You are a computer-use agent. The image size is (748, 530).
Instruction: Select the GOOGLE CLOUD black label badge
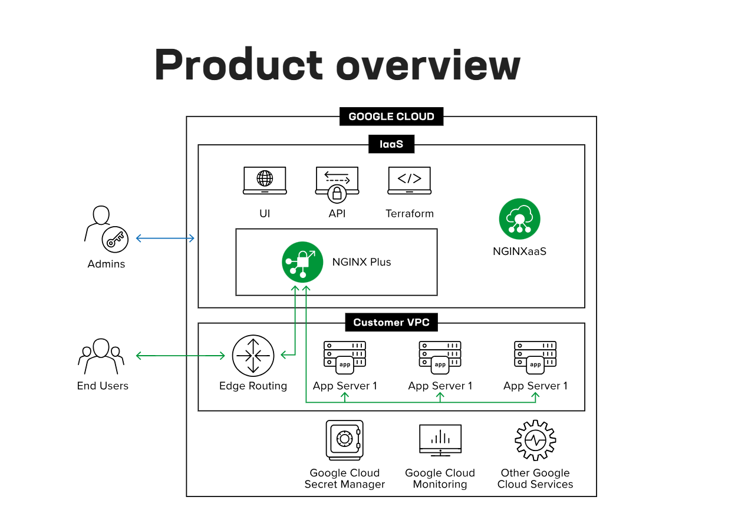pos(391,117)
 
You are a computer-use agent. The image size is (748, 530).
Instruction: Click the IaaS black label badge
pos(391,144)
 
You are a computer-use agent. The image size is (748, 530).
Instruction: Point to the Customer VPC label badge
pos(391,322)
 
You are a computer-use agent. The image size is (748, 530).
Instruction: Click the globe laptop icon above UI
pos(265,180)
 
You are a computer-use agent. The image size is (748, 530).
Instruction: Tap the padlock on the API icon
pos(337,193)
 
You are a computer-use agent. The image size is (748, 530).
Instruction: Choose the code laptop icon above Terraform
pos(409,180)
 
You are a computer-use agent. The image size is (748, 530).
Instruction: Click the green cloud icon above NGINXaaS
pos(519,219)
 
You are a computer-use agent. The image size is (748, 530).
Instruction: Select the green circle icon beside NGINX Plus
pos(302,262)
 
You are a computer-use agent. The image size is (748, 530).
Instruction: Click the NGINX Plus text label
pos(361,262)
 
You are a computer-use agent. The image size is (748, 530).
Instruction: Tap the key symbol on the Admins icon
pos(115,239)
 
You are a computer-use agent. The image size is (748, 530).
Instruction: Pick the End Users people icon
pos(102,356)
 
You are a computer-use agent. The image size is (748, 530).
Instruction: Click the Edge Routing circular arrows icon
pos(253,356)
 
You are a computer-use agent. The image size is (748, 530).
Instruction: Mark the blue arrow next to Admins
pos(165,238)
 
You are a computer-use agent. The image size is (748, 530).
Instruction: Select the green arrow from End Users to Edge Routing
pos(180,356)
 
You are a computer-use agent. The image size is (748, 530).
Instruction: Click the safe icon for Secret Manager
pos(344,440)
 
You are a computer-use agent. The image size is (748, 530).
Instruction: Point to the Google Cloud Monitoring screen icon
pos(440,439)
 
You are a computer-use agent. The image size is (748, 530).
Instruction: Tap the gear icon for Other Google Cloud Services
pos(535,440)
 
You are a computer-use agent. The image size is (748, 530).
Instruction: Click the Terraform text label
pos(409,214)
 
